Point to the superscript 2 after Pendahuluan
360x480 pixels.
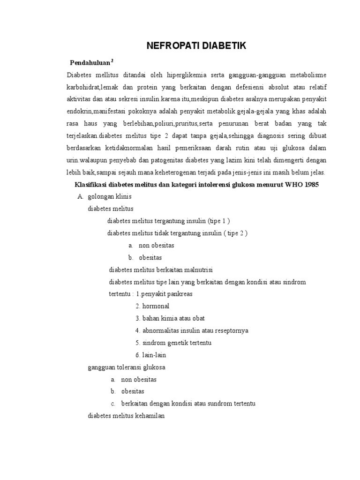coord(113,60)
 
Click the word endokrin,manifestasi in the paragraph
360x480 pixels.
coord(99,112)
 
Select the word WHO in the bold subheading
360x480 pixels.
coord(291,185)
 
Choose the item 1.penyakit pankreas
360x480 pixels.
coord(165,294)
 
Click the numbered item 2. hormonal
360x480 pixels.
coord(152,306)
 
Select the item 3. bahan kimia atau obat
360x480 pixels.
coord(170,318)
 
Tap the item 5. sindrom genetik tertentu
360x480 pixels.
coord(173,343)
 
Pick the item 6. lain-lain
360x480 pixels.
coord(151,355)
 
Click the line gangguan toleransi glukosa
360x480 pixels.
coord(127,367)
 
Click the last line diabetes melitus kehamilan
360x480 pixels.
coord(127,416)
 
